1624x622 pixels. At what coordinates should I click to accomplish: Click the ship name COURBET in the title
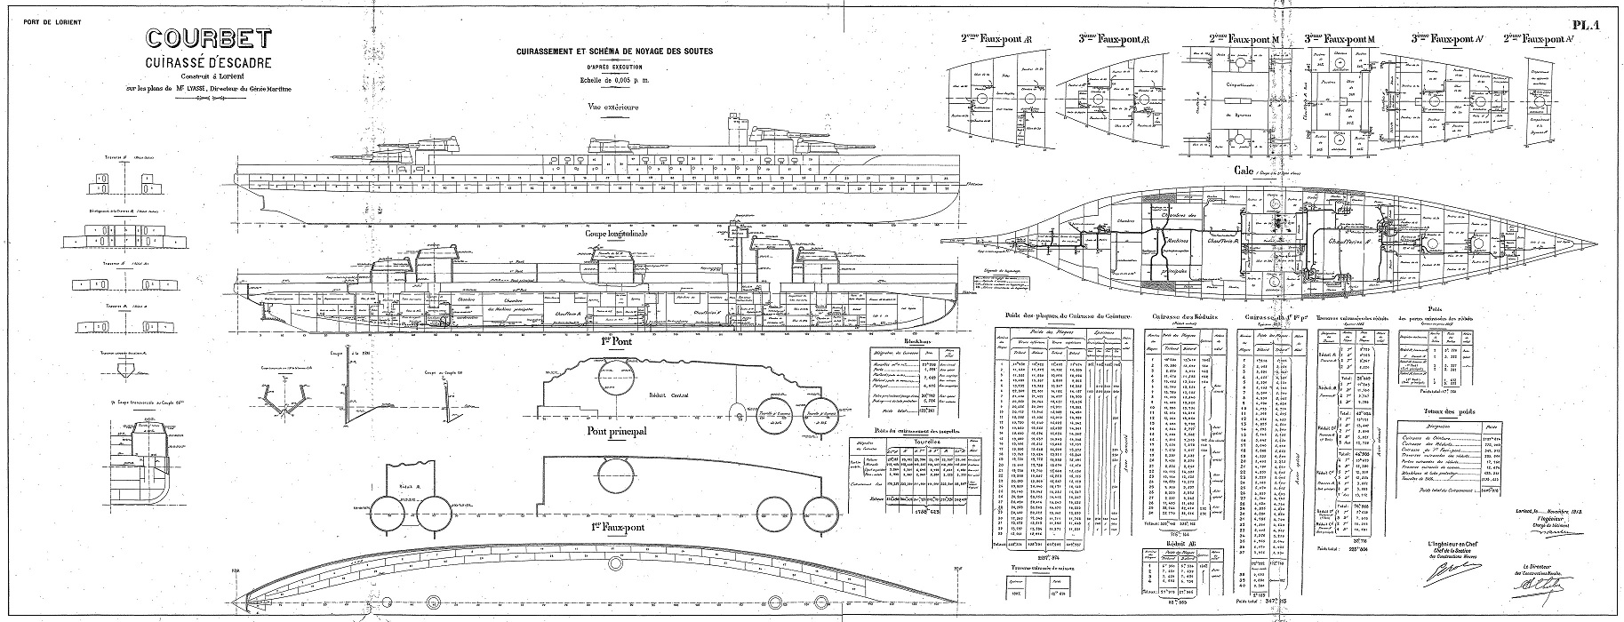pyautogui.click(x=209, y=41)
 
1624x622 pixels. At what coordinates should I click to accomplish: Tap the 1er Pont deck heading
pyautogui.click(x=611, y=340)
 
